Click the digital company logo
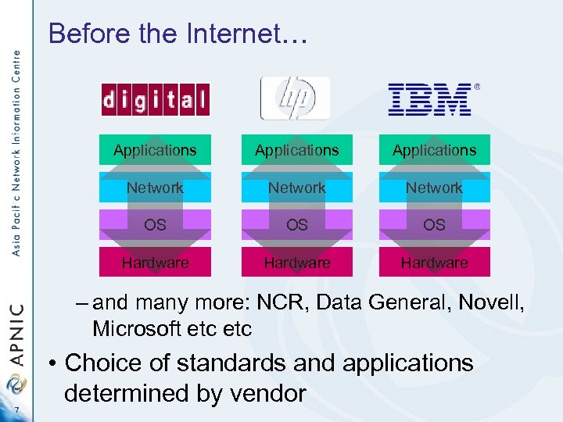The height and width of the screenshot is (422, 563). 156,99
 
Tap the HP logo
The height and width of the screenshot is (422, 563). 295,98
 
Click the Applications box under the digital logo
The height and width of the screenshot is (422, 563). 155,149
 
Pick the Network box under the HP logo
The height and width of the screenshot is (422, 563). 296,188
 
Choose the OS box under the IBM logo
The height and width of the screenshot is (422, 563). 434,225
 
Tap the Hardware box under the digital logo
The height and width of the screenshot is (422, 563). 155,263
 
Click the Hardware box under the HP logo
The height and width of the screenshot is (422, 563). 296,263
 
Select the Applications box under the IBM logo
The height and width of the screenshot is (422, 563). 434,149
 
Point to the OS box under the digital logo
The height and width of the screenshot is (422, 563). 155,225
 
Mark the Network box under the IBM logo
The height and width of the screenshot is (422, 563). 434,188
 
